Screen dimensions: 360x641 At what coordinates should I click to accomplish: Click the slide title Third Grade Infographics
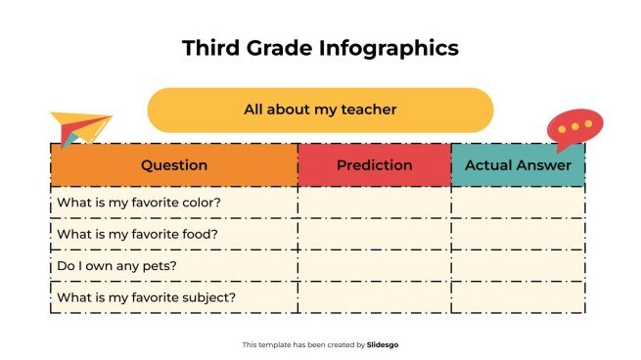320,48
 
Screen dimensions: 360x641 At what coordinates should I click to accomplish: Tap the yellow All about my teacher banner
320,110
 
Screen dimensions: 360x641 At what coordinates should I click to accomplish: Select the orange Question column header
174,165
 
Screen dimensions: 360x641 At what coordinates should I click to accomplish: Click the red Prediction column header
374,165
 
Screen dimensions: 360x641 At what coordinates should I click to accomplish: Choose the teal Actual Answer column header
518,165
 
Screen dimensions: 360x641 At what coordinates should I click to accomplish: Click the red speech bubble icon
574,128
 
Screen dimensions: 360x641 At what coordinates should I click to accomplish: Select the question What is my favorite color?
139,202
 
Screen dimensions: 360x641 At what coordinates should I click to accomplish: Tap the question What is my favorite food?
137,234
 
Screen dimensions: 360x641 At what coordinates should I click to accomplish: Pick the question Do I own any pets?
117,265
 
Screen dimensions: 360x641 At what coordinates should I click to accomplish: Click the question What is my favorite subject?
147,297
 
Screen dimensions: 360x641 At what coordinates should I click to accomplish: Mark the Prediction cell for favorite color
374,202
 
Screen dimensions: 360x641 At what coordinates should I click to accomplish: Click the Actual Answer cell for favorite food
518,234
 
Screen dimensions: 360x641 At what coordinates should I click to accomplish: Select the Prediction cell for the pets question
374,265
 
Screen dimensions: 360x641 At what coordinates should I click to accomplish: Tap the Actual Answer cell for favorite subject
518,297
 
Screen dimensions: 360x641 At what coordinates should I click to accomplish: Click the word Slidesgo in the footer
383,344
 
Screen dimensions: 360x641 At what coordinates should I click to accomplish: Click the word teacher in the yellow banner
369,110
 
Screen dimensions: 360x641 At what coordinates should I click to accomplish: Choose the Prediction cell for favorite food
374,234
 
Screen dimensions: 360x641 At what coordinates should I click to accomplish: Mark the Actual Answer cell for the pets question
518,265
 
